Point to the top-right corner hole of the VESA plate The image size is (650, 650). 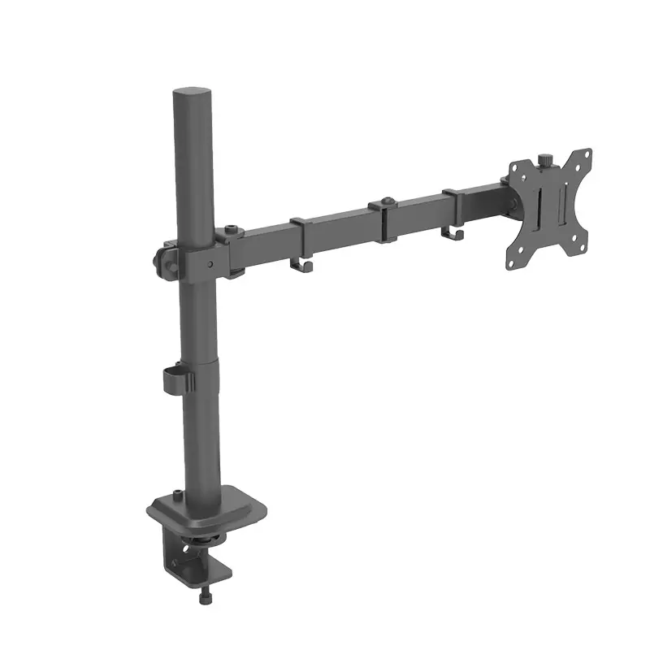(x=583, y=157)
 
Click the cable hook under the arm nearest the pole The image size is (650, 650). (x=302, y=265)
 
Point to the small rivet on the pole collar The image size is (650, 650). (x=210, y=264)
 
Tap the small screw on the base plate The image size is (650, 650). (x=173, y=495)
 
